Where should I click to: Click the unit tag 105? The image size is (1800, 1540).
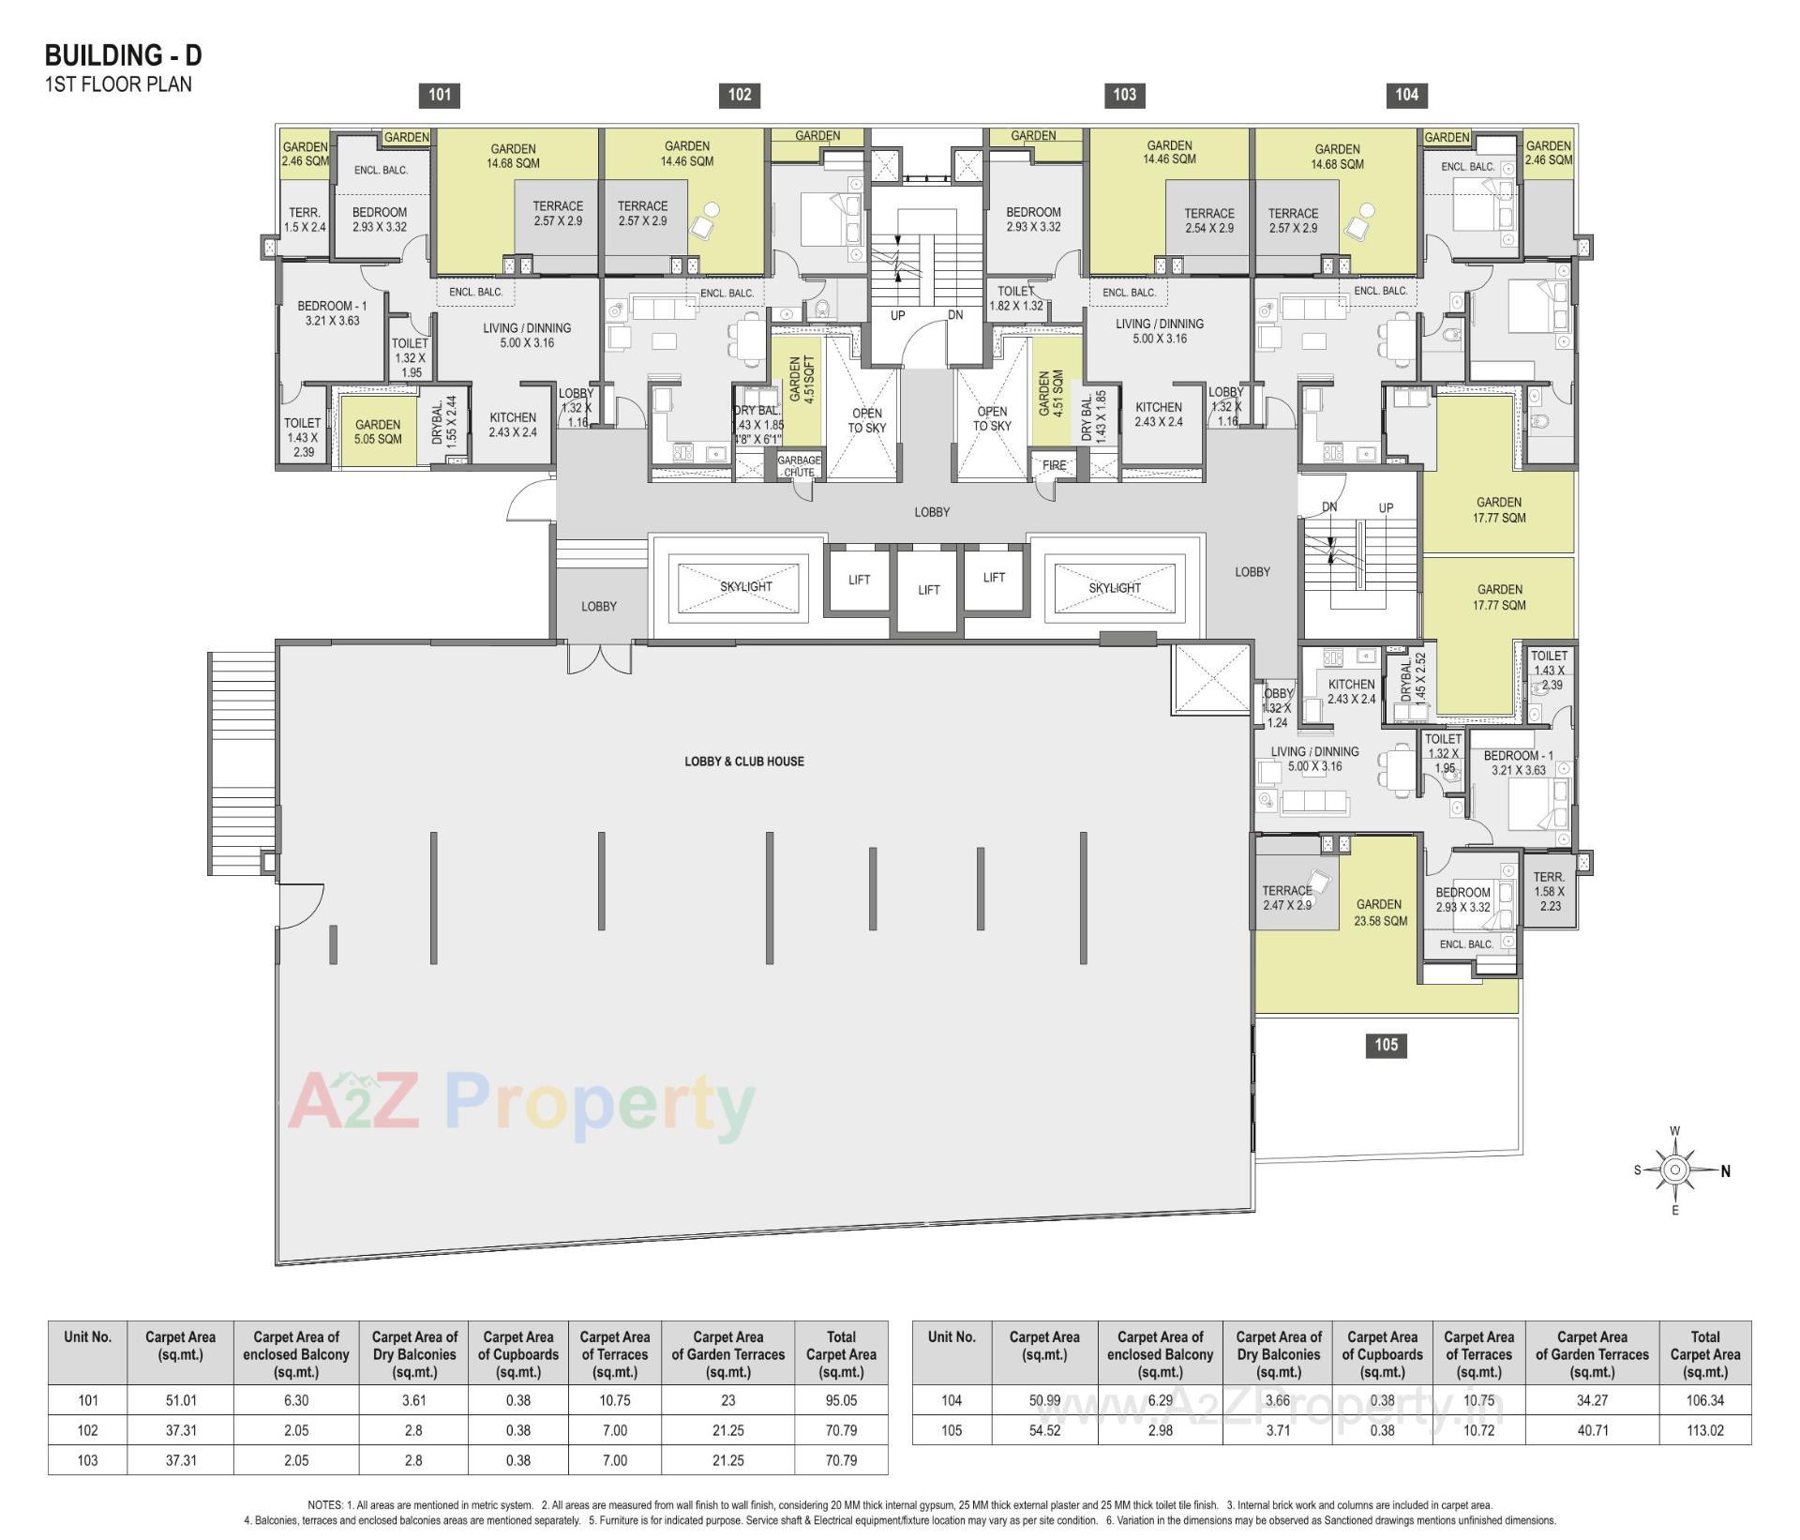pyautogui.click(x=1386, y=1045)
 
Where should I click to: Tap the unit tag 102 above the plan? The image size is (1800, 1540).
pyautogui.click(x=740, y=94)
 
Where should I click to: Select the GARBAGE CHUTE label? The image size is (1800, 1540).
pyautogui.click(x=799, y=466)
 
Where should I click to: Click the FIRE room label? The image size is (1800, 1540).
pyautogui.click(x=1054, y=465)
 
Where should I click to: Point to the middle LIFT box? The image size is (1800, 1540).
pyautogui.click(x=928, y=590)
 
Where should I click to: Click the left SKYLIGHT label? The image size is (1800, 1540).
pyautogui.click(x=746, y=587)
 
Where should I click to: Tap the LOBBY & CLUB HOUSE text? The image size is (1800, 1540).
pyautogui.click(x=743, y=762)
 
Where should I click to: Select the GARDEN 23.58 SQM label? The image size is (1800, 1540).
pyautogui.click(x=1379, y=913)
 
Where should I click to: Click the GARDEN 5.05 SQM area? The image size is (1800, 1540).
pyautogui.click(x=378, y=431)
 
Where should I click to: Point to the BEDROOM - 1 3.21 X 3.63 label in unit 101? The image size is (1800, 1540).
pyautogui.click(x=332, y=313)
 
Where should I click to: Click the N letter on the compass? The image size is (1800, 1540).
pyautogui.click(x=1725, y=1170)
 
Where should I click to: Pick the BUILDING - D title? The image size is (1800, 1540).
pyautogui.click(x=123, y=56)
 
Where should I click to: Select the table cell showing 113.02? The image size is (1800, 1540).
pyautogui.click(x=1704, y=1430)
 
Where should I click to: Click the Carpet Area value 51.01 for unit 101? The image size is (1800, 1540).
pyautogui.click(x=180, y=1400)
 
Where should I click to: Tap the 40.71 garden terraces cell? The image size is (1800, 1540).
pyautogui.click(x=1592, y=1430)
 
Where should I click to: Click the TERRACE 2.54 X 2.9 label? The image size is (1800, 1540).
pyautogui.click(x=1208, y=220)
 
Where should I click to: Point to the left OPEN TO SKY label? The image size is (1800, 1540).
pyautogui.click(x=866, y=420)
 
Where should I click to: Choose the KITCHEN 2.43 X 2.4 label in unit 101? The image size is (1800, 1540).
pyautogui.click(x=513, y=425)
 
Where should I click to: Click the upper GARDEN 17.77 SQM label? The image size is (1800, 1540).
pyautogui.click(x=1499, y=510)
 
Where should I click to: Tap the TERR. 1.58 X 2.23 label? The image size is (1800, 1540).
pyautogui.click(x=1549, y=892)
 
